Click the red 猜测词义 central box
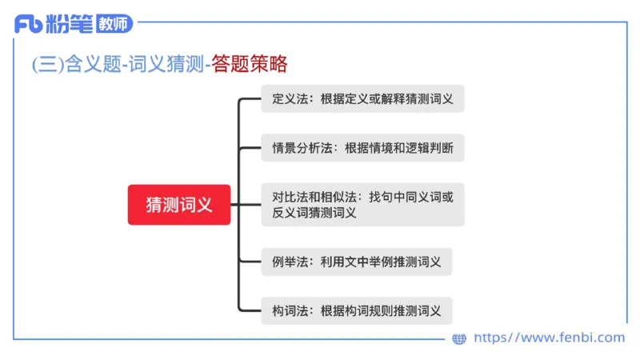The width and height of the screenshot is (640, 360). coord(179,204)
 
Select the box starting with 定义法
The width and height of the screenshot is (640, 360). coord(362,100)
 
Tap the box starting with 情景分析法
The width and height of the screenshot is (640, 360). coord(362,148)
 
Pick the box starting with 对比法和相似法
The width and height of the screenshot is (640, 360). coord(362,204)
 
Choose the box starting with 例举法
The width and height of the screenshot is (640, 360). coord(356,262)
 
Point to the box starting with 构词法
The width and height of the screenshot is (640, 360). coord(356,310)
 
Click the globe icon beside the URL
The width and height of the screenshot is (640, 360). coord(459,338)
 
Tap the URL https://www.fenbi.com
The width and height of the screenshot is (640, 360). coord(549,338)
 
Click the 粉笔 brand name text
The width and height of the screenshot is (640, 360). coord(70,24)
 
